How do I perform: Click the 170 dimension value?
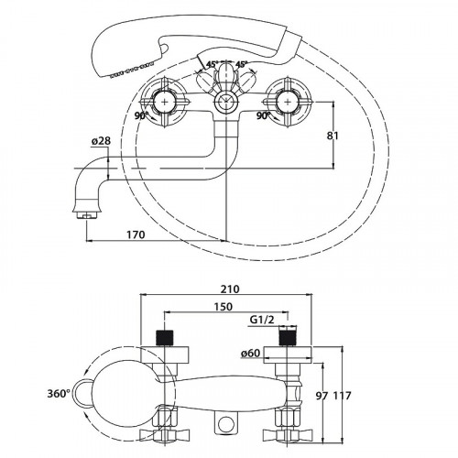point(136,234)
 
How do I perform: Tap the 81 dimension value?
point(333,136)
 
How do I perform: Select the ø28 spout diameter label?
point(101,141)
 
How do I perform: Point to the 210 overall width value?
point(230,289)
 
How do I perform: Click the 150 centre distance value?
point(224,306)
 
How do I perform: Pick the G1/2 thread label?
point(262,320)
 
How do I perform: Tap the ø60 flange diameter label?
point(251,354)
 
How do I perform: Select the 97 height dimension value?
point(322,396)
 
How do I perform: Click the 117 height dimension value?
point(342,396)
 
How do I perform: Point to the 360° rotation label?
point(59,394)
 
